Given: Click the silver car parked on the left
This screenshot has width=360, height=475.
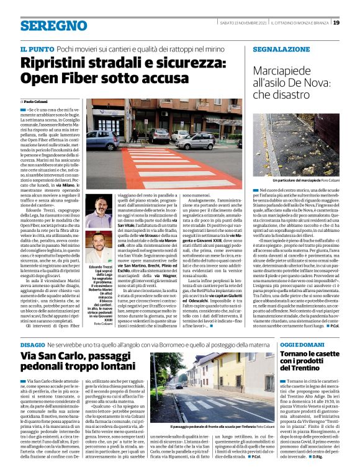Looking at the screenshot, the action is click(x=102, y=140).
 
